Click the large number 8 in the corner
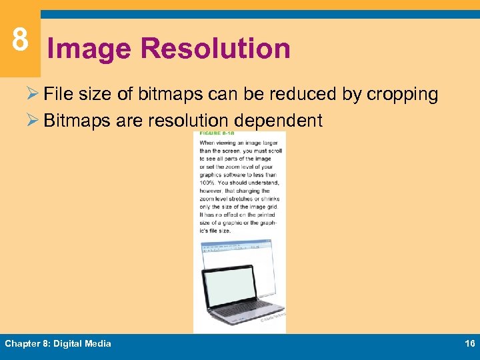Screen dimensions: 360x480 click(x=20, y=40)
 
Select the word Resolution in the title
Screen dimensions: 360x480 click(x=216, y=49)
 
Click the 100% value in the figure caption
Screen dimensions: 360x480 click(x=208, y=183)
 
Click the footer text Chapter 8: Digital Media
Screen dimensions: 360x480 click(x=58, y=344)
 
